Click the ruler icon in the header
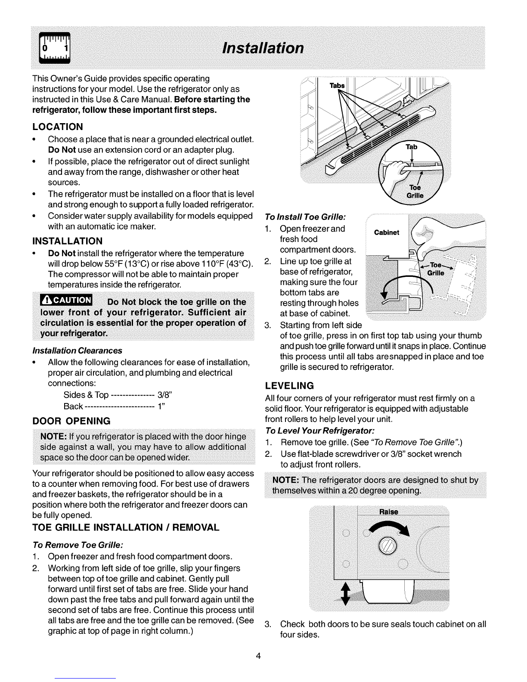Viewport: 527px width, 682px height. tap(55, 48)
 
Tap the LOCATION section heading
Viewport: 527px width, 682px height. tap(58, 127)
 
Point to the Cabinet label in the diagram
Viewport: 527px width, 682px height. tap(386, 233)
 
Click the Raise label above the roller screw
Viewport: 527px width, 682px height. tap(388, 512)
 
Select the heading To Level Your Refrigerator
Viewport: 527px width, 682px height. tap(320, 431)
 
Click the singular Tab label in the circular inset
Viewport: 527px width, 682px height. tap(412, 147)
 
